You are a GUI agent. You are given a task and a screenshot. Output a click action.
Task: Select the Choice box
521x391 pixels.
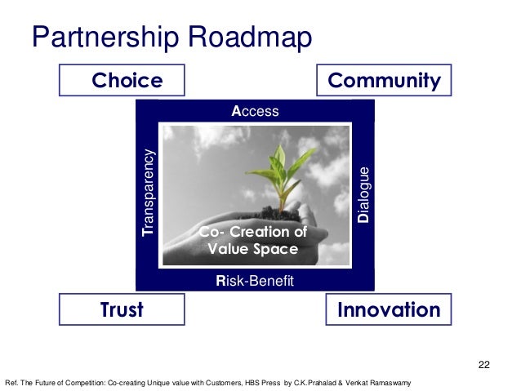(x=122, y=80)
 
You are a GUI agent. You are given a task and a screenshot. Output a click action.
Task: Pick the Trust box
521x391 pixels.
(x=122, y=309)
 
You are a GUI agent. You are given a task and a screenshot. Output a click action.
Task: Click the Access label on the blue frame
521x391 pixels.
(x=256, y=111)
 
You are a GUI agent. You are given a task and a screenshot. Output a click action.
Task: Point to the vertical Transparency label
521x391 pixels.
(x=148, y=193)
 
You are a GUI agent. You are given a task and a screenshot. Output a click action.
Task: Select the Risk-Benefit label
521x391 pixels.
(x=254, y=281)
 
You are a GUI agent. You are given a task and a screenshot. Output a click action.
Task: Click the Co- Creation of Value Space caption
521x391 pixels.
(x=253, y=241)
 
